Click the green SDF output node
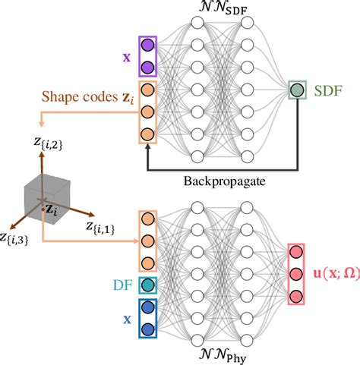pyautogui.click(x=295, y=92)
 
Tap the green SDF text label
pyautogui.click(x=327, y=91)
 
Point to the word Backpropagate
pyautogui.click(x=219, y=181)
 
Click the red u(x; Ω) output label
pyautogui.click(x=334, y=272)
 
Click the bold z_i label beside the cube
pyautogui.click(x=52, y=209)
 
